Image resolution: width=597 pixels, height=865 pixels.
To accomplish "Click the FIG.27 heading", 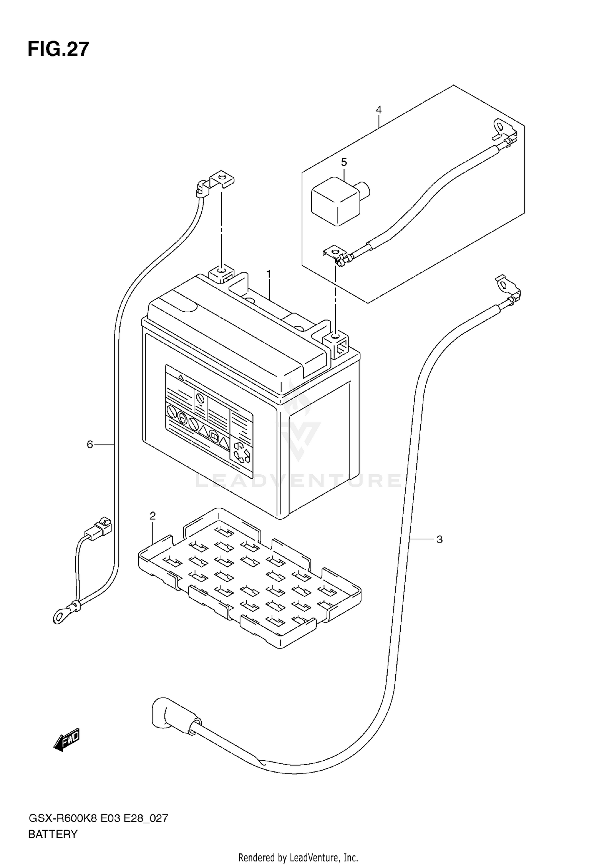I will pos(59,50).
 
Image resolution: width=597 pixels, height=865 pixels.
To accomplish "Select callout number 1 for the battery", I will pos(269,274).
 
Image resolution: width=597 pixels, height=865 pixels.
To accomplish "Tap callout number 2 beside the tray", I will pos(152,516).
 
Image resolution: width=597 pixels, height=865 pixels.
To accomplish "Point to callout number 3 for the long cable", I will pos(439,539).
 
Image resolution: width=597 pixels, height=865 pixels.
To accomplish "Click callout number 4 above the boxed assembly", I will pos(378,110).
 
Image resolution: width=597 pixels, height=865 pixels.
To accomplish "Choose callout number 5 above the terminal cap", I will pos(344,162).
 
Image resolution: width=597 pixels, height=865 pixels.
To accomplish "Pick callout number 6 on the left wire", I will pos(90,444).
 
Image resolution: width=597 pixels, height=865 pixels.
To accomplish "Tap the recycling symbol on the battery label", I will pos(242,453).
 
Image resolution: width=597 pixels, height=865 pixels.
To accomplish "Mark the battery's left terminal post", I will pos(220,272).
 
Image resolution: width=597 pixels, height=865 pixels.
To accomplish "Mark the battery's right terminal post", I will pos(337,340).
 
